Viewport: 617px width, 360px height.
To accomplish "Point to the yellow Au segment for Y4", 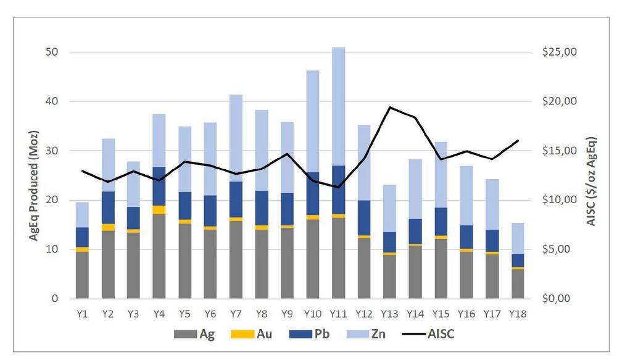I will pos(160,210).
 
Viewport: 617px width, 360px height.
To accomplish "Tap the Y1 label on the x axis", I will pos(83,313).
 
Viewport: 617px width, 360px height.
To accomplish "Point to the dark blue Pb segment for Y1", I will pos(83,237).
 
